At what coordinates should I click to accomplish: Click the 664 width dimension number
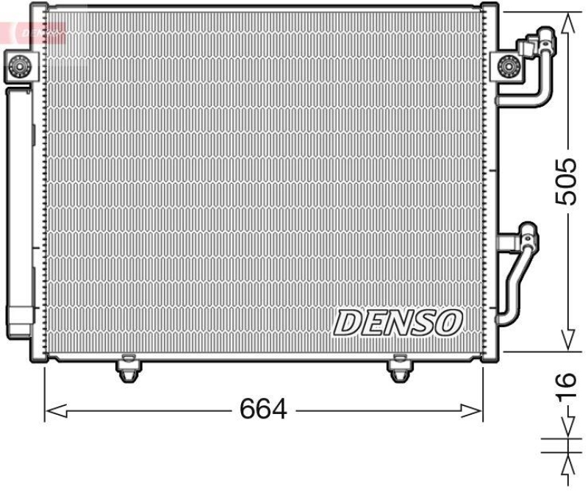(262, 409)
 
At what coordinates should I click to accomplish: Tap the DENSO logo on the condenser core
(399, 321)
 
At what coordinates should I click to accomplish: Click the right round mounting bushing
(506, 68)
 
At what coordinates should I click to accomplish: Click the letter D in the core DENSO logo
(348, 322)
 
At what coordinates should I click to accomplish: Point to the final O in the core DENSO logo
(449, 321)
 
